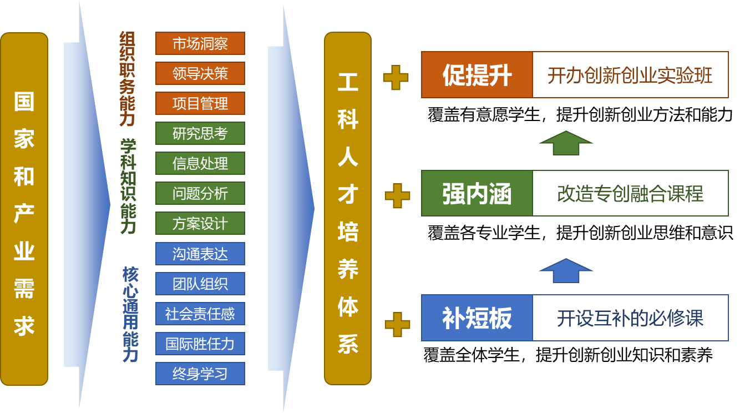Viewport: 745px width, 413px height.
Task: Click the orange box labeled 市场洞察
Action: [x=200, y=44]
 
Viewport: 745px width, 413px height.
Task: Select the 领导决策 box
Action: [x=200, y=74]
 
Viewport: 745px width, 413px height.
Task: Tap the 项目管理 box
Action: [x=200, y=104]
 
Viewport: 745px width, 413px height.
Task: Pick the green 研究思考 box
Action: [x=200, y=134]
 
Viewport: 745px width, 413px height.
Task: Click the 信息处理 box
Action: [x=200, y=164]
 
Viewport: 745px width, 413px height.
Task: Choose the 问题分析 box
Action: [x=200, y=194]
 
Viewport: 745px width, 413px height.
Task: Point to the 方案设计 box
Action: [x=200, y=224]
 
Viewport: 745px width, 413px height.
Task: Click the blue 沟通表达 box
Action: [x=200, y=254]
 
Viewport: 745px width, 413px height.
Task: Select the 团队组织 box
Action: [x=200, y=284]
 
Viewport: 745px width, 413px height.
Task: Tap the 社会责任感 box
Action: [x=200, y=314]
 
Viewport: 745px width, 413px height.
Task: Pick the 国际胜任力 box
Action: [x=200, y=344]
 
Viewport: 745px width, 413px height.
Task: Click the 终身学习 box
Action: [x=200, y=374]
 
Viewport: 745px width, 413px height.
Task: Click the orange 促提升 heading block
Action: [x=477, y=75]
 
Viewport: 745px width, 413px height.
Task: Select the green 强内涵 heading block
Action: [x=477, y=194]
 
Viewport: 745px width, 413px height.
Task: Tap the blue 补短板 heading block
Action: [x=477, y=318]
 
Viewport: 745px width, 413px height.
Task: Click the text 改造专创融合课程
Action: [x=630, y=194]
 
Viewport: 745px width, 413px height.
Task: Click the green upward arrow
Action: [x=566, y=143]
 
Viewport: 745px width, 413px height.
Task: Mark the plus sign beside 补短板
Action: [x=397, y=324]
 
